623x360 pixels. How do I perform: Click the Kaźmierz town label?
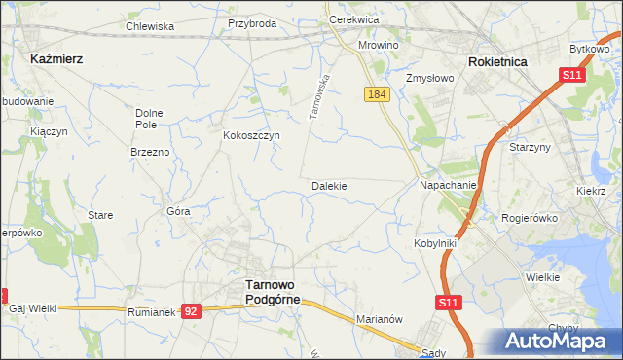click(56, 58)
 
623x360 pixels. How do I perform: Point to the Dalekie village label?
click(329, 185)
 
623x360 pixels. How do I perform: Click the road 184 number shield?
click(379, 94)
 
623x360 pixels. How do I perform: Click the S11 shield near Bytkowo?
click(571, 75)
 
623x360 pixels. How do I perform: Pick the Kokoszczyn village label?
click(252, 135)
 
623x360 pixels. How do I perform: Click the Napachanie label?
click(448, 185)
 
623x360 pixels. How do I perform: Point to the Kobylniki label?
click(434, 243)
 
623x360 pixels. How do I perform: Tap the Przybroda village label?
click(252, 23)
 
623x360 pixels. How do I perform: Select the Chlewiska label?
click(150, 27)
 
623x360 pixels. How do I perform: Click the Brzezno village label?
click(150, 153)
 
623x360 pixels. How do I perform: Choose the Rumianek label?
click(150, 312)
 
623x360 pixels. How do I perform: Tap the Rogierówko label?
click(530, 218)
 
